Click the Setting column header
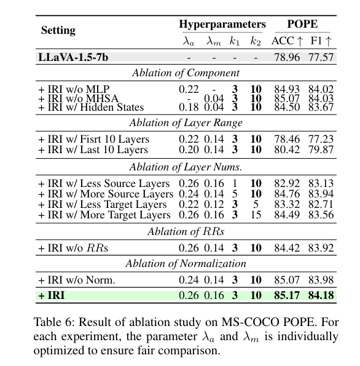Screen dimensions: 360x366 tap(58, 30)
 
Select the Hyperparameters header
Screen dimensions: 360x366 tap(222, 25)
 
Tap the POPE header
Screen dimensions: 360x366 tap(302, 25)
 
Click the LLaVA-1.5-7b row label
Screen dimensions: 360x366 tap(75, 57)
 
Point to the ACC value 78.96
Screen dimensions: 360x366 tap(286, 57)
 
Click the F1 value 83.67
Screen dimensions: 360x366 tap(321, 107)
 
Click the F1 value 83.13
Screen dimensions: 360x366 tap(321, 184)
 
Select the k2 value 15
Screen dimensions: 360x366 tap(256, 215)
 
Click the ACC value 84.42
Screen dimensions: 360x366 tap(286, 249)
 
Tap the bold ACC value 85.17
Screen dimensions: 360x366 tap(286, 296)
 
